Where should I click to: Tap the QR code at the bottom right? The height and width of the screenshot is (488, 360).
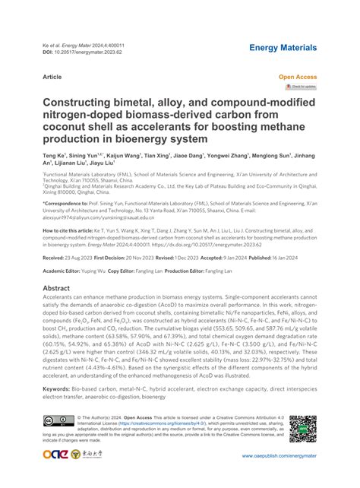coord(303,430)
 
